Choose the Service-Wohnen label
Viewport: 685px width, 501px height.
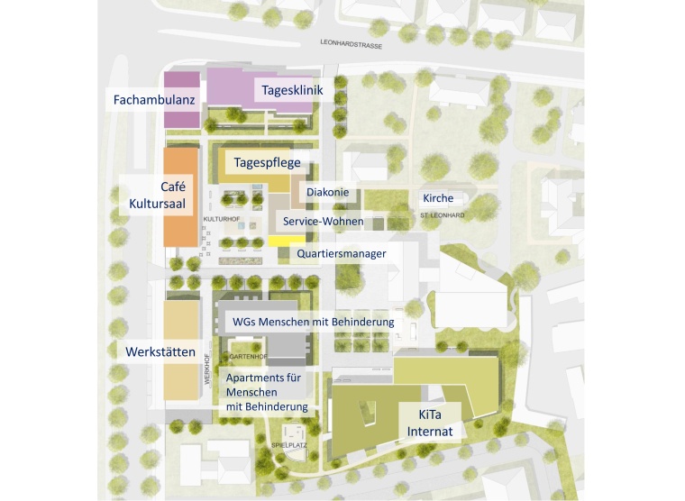pos(323,221)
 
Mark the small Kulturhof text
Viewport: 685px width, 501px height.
pos(221,219)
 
